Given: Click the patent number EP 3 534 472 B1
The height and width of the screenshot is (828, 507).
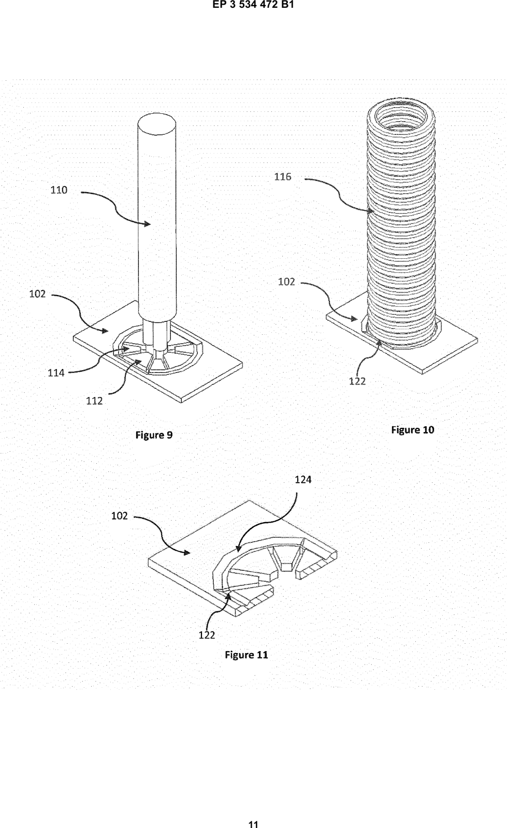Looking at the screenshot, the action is coord(253,5).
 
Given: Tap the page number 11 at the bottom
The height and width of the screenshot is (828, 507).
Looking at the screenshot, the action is coord(253,823).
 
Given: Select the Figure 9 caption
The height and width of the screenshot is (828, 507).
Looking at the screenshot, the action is coord(154,435).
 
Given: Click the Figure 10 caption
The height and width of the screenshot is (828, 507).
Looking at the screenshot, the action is coord(413,430).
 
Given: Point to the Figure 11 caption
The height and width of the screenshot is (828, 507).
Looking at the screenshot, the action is coord(247,655).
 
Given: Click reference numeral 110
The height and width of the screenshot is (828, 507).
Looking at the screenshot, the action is coord(59,190).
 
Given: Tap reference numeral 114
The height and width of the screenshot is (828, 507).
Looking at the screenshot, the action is coord(56,373).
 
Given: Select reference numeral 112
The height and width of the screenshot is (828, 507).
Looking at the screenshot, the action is coord(94,401).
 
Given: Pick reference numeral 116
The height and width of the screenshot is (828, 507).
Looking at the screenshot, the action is coord(283,176).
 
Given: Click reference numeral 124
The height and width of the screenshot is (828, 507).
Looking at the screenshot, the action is coord(303,479).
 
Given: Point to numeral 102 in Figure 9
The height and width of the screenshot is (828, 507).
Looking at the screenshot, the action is coord(37,294).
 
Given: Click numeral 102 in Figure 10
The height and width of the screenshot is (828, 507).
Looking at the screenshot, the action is coord(286,282).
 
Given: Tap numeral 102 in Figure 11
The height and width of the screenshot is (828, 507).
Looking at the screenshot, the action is coord(120,515).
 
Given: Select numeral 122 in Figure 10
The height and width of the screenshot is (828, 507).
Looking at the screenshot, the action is coord(357,381).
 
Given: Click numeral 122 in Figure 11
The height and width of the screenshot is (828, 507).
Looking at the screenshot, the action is coord(207,635).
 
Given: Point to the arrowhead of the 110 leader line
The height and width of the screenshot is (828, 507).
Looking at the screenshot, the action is coord(148,224).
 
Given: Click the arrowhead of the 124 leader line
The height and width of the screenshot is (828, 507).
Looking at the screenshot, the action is coord(239,548).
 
